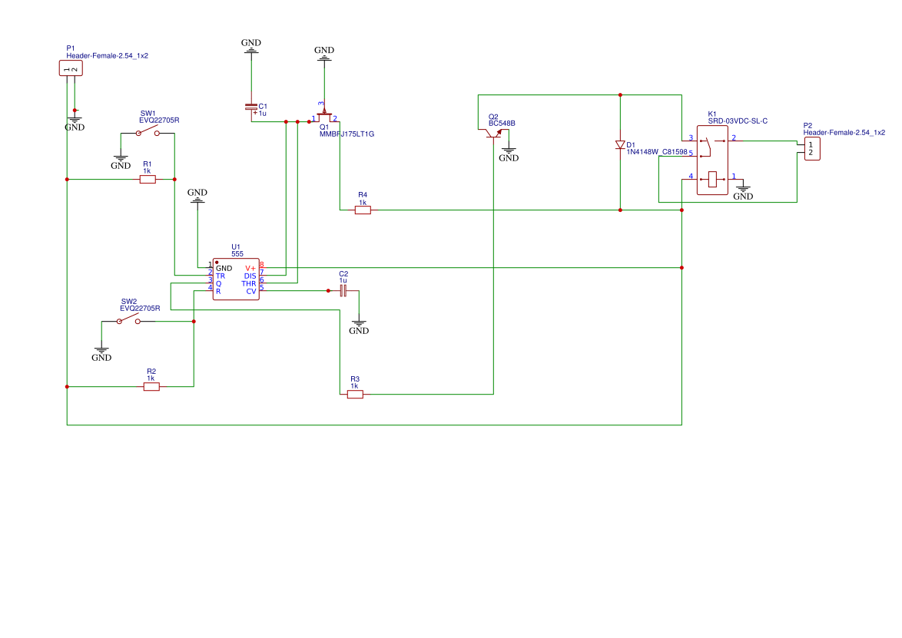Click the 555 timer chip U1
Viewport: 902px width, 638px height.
click(236, 279)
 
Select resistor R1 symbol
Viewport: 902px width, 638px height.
click(148, 180)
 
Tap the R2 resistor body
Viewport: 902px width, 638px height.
click(151, 387)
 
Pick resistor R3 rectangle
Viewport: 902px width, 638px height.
click(355, 395)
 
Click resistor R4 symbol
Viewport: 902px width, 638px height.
click(363, 210)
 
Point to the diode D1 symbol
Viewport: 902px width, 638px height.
click(620, 145)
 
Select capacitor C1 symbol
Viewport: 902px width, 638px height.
click(251, 107)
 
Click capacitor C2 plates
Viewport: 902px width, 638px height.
click(343, 291)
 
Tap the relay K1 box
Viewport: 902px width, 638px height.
click(712, 160)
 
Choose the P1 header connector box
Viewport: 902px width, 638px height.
click(71, 68)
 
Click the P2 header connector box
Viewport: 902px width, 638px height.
click(812, 149)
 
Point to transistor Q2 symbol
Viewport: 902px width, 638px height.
click(493, 134)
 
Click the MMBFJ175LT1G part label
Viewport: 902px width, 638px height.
click(347, 134)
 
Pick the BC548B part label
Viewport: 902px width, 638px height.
click(502, 124)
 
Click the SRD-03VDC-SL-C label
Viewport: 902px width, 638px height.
click(738, 121)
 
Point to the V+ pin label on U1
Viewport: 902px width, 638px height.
click(250, 269)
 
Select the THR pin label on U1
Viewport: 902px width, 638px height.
click(248, 284)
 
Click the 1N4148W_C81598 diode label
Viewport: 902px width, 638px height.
click(657, 152)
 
